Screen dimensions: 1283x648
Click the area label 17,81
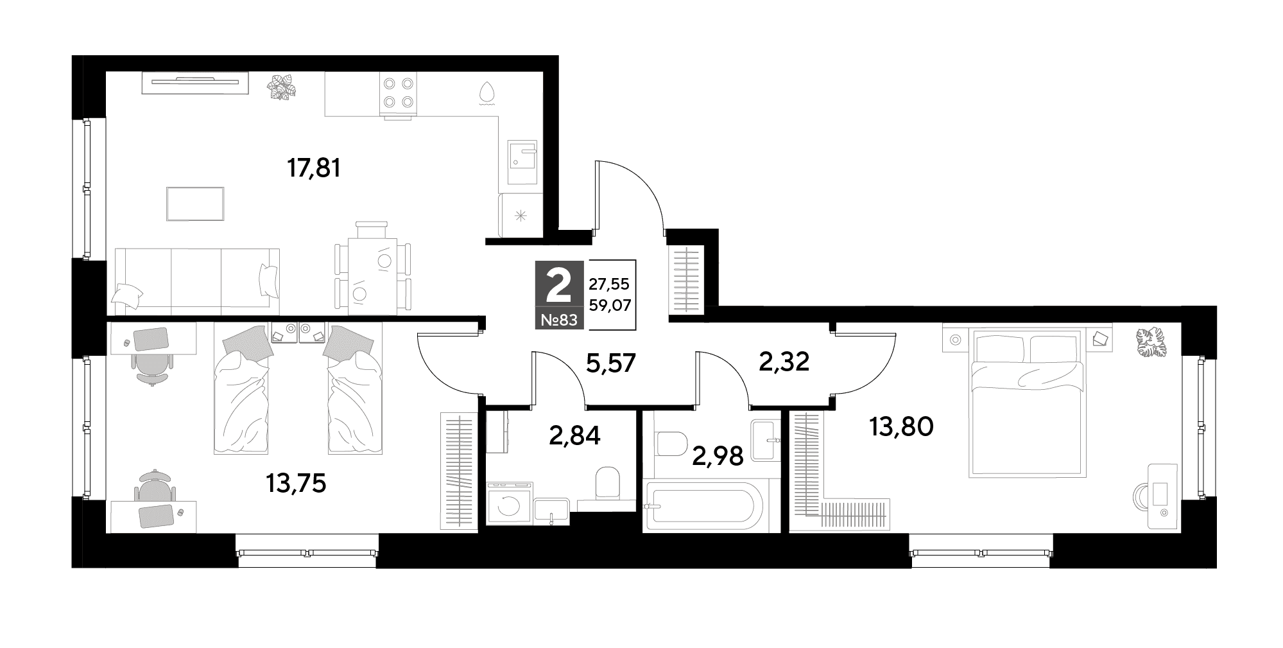tap(313, 169)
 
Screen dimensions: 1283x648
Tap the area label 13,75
tap(296, 484)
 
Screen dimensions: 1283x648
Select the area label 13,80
tap(900, 426)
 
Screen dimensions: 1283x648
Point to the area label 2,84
tap(575, 436)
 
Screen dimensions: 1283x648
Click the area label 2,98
tap(718, 456)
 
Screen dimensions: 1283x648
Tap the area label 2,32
tap(784, 362)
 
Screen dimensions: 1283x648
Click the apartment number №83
tap(559, 319)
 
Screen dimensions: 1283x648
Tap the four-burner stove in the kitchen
tap(398, 94)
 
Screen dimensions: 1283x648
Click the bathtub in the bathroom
tap(704, 506)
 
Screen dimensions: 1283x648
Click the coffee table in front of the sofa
tap(195, 204)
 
